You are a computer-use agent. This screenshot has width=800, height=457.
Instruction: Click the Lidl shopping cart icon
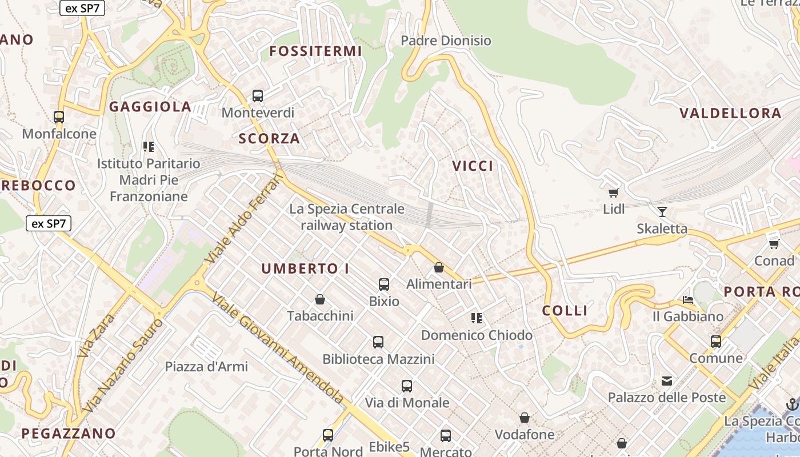pyautogui.click(x=614, y=193)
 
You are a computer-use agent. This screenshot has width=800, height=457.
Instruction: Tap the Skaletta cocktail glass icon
pyautogui.click(x=662, y=212)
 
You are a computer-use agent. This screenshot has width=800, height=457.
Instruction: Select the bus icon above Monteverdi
pyautogui.click(x=258, y=96)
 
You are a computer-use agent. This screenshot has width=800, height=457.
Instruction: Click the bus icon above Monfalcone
pyautogui.click(x=59, y=117)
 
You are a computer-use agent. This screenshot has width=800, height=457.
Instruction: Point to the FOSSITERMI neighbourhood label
pyautogui.click(x=315, y=51)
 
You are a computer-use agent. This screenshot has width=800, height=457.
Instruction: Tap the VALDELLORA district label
pyautogui.click(x=730, y=113)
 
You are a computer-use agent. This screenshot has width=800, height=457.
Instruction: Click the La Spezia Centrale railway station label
pyautogui.click(x=346, y=217)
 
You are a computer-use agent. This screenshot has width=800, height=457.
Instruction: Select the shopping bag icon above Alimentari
pyautogui.click(x=439, y=267)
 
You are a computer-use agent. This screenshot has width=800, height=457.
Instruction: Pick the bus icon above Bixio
pyautogui.click(x=384, y=284)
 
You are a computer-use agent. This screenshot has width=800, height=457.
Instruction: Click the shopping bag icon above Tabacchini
pyautogui.click(x=320, y=299)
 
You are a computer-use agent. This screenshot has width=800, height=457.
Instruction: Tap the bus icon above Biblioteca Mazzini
pyautogui.click(x=378, y=342)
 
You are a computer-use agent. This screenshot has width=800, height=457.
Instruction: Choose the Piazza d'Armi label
pyautogui.click(x=206, y=366)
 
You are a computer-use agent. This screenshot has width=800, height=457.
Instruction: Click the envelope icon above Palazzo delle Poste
pyautogui.click(x=666, y=380)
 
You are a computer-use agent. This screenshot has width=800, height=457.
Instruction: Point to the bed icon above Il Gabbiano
pyautogui.click(x=688, y=300)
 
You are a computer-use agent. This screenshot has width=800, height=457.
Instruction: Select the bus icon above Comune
pyautogui.click(x=716, y=342)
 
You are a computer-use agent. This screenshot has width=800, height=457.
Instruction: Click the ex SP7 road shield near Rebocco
pyautogui.click(x=49, y=223)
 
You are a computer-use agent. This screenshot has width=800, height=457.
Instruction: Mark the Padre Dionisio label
pyautogui.click(x=446, y=41)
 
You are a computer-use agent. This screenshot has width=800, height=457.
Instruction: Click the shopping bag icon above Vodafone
pyautogui.click(x=525, y=418)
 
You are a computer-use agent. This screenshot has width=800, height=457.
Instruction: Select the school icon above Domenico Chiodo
pyautogui.click(x=477, y=318)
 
